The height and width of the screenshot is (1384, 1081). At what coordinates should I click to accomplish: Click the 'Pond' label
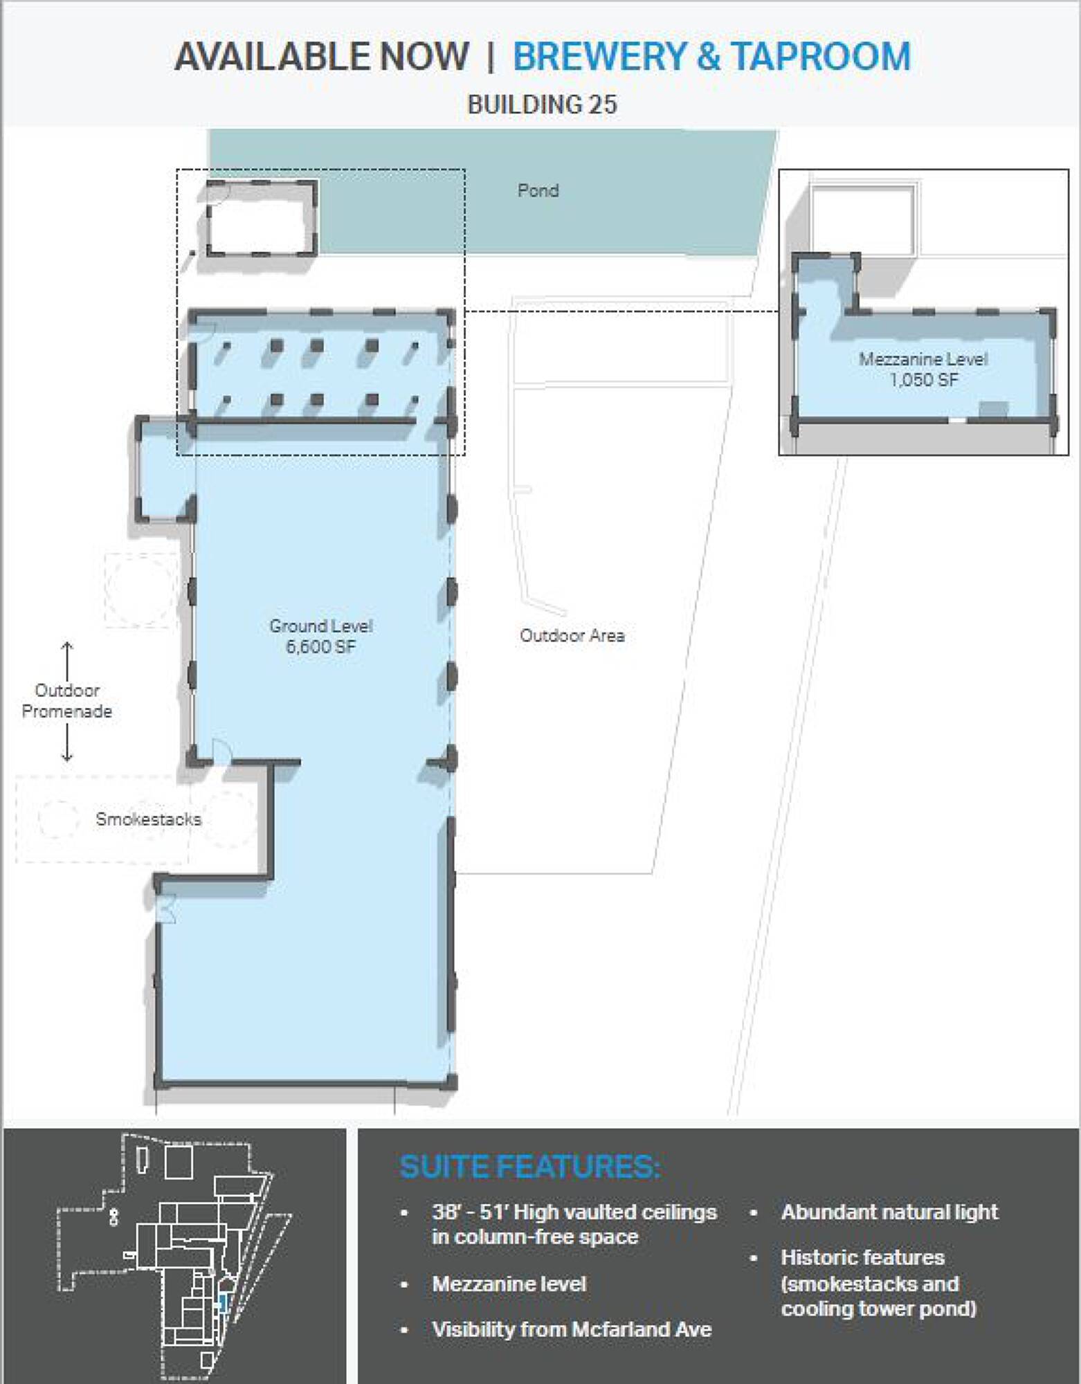pyautogui.click(x=538, y=190)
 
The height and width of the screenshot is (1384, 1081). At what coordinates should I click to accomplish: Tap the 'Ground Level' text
pyautogui.click(x=320, y=626)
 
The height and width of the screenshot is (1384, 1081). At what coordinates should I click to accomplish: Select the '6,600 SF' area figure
pyautogui.click(x=320, y=647)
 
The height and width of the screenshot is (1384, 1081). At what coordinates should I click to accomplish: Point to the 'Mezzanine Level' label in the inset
pyautogui.click(x=923, y=359)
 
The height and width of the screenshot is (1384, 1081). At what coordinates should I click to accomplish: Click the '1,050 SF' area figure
pyautogui.click(x=924, y=379)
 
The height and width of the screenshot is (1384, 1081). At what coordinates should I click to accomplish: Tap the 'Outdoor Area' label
pyautogui.click(x=572, y=635)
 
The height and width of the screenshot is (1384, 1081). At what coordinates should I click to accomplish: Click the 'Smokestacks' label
pyautogui.click(x=149, y=819)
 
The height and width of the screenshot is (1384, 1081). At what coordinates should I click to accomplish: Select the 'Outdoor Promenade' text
pyautogui.click(x=66, y=700)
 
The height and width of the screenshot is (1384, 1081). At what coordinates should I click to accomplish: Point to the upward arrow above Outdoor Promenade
pyautogui.click(x=67, y=661)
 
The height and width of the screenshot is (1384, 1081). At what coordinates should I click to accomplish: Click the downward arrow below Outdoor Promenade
pyautogui.click(x=67, y=743)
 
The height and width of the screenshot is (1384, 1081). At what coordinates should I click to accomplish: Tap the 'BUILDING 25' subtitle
pyautogui.click(x=542, y=104)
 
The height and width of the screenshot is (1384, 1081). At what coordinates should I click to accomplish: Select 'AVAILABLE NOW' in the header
pyautogui.click(x=322, y=56)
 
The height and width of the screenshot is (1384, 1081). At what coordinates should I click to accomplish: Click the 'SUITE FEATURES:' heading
pyautogui.click(x=530, y=1167)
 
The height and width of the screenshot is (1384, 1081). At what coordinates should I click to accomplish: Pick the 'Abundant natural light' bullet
pyautogui.click(x=889, y=1212)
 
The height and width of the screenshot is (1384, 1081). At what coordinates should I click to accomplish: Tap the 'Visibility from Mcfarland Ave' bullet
pyautogui.click(x=572, y=1330)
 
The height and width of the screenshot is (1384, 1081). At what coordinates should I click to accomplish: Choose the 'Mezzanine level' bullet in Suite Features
pyautogui.click(x=509, y=1284)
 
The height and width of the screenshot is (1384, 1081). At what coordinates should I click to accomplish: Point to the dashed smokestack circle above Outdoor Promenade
pyautogui.click(x=140, y=590)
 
